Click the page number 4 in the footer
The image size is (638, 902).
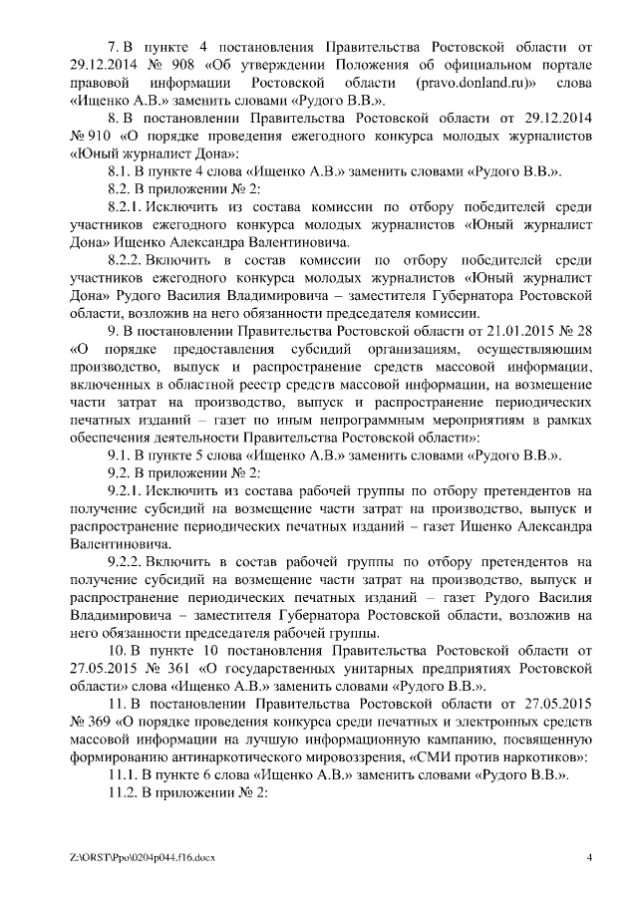tap(589, 858)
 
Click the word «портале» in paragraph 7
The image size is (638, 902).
tap(569, 65)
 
